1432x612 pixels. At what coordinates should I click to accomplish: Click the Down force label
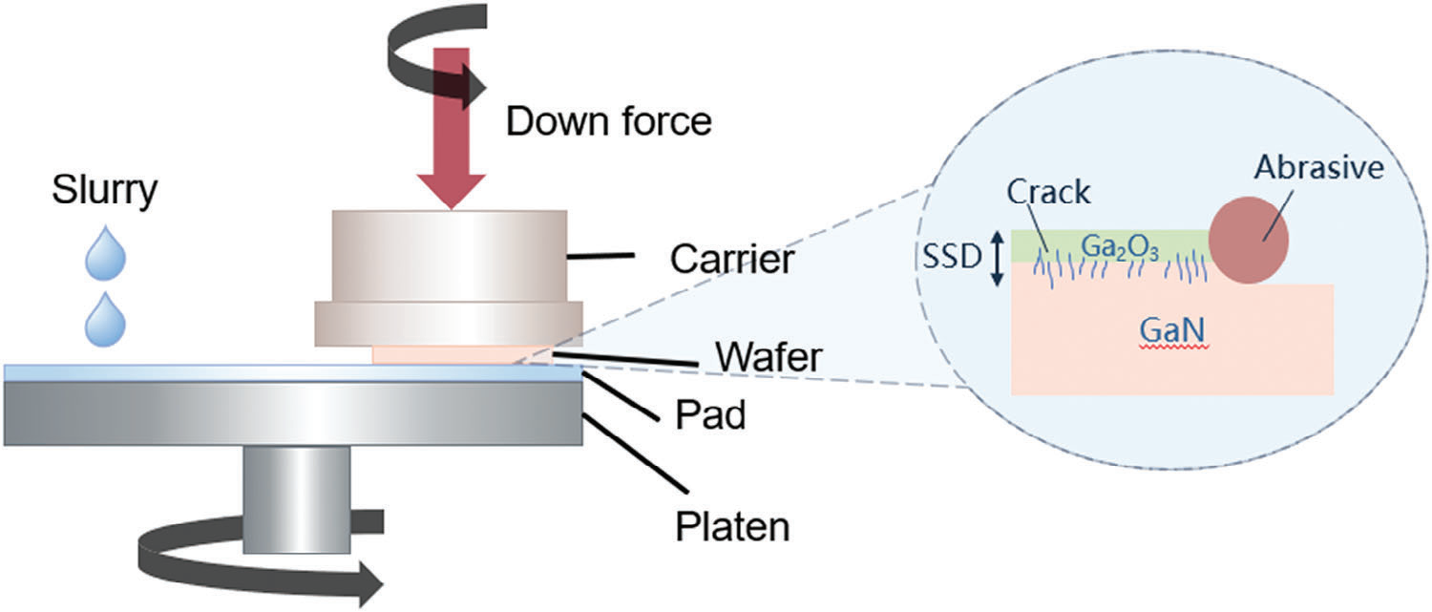[x=608, y=122]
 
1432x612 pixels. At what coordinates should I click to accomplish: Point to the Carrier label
[x=731, y=259]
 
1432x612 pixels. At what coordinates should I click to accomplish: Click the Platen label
[x=731, y=525]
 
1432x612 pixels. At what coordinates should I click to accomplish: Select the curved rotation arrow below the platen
[x=258, y=563]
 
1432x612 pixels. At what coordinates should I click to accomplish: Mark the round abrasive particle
[x=1249, y=241]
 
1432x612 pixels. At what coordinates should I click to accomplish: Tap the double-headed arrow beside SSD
[x=996, y=259]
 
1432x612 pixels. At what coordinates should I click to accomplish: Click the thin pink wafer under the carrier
[x=458, y=355]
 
